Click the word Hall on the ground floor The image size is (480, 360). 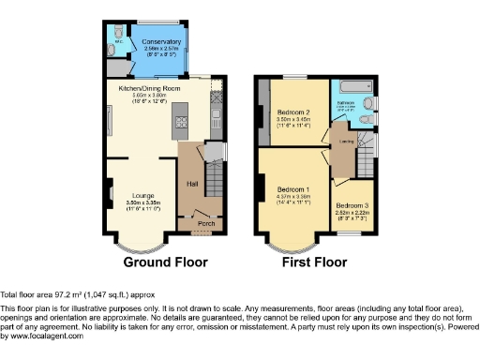coord(192,183)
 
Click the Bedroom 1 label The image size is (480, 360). coord(294,189)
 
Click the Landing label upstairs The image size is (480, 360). coord(346,142)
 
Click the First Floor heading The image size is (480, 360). coord(318,262)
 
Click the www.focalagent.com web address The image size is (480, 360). coord(42,336)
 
